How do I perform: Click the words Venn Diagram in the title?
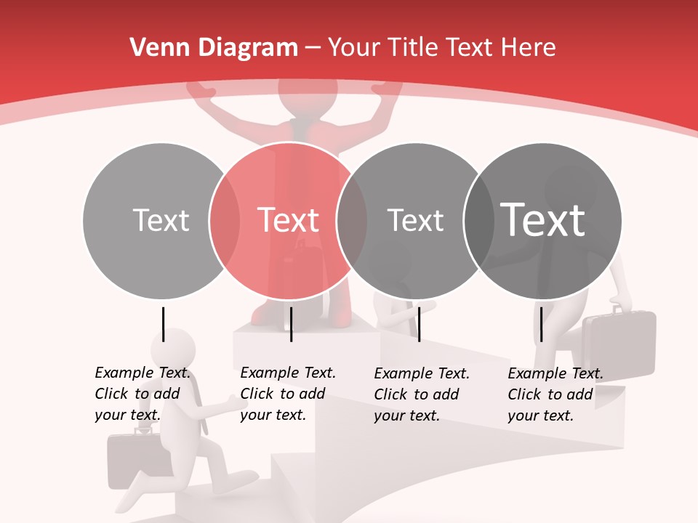(214, 48)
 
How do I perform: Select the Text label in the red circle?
(289, 220)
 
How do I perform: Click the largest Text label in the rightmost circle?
(543, 219)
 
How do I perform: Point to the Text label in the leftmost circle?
(161, 220)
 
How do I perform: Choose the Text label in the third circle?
(416, 220)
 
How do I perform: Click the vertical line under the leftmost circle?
(163, 324)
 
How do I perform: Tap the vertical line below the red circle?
(291, 324)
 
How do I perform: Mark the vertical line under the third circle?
(419, 324)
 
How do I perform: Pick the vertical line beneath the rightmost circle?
(541, 324)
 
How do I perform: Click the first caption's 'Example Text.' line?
(143, 373)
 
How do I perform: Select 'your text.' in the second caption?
(273, 415)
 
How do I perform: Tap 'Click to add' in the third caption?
(417, 394)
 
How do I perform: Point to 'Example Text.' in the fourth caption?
(555, 374)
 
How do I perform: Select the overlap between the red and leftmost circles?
(225, 220)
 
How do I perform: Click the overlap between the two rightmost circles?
(478, 220)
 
